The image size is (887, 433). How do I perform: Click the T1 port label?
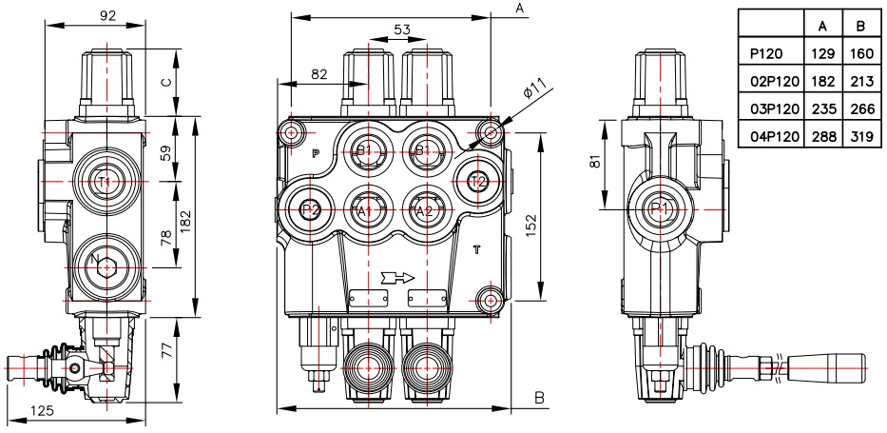coord(103,182)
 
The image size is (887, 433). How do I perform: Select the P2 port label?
coord(310,210)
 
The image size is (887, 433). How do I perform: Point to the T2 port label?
coord(479,182)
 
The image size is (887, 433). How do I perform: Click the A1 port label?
coord(365,211)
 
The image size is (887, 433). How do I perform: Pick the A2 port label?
coord(424,211)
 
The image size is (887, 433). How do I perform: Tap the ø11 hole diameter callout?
coord(534,89)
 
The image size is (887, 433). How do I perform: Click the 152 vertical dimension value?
coord(528,217)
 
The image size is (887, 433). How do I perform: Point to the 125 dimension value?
coord(43,411)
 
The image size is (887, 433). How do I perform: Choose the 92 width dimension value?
coord(107,15)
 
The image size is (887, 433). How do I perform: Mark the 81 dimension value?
coord(594,163)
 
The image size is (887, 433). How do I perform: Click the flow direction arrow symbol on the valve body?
coord(397,277)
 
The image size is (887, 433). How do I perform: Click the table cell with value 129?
coord(822,54)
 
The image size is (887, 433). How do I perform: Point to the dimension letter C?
coord(165,82)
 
